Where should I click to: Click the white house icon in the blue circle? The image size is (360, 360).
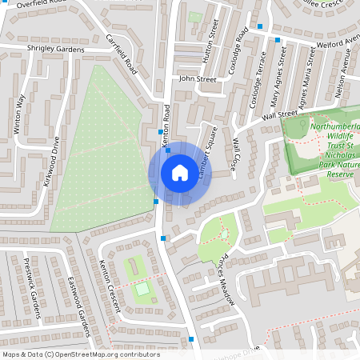click(179, 173)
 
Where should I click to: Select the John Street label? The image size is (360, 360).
click(198, 80)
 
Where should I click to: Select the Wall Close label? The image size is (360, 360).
click(235, 153)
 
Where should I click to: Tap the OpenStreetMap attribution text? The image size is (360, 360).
click(81, 354)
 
